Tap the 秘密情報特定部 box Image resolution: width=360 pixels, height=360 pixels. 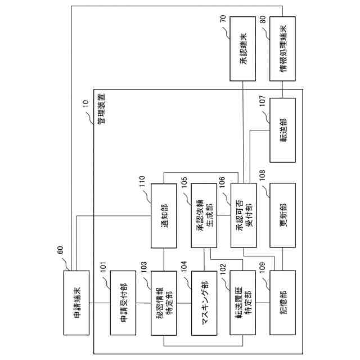pyautogui.click(x=164, y=303)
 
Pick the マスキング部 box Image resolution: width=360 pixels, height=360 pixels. pyautogui.click(x=204, y=303)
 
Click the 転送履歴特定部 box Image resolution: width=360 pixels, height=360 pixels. pyautogui.click(x=243, y=303)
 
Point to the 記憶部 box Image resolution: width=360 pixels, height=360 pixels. pyautogui.click(x=283, y=303)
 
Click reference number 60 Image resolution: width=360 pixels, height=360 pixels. pyautogui.click(x=60, y=254)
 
